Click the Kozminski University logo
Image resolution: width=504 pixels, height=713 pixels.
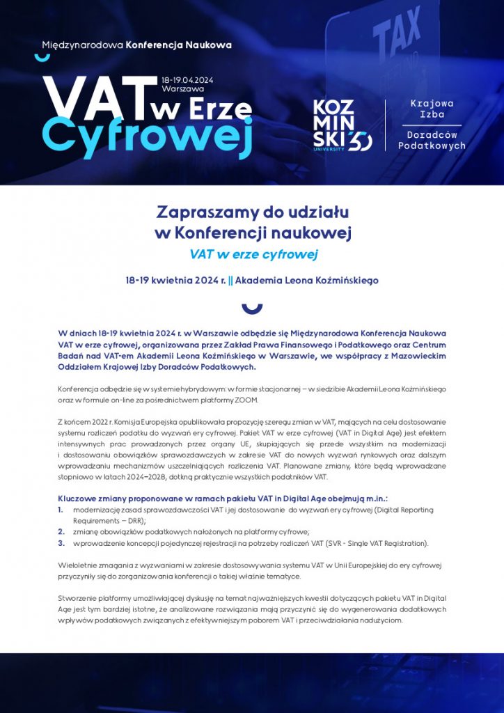(342, 124)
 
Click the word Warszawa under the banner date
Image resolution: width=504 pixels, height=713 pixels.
(182, 90)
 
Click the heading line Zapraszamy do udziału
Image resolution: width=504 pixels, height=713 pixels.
(252, 211)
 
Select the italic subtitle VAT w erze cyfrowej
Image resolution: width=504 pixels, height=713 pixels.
(253, 254)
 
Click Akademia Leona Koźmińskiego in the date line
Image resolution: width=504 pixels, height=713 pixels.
(306, 281)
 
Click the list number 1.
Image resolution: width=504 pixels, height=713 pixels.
(61, 510)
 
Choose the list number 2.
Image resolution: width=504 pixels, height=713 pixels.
(61, 531)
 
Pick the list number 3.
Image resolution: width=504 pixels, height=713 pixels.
(61, 542)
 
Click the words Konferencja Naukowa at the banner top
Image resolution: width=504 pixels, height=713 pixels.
(178, 45)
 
